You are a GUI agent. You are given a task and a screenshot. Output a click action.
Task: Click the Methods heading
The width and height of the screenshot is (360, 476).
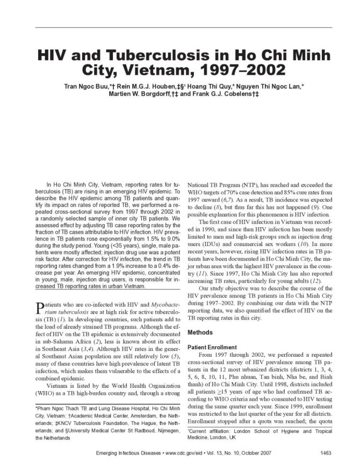[200, 333]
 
